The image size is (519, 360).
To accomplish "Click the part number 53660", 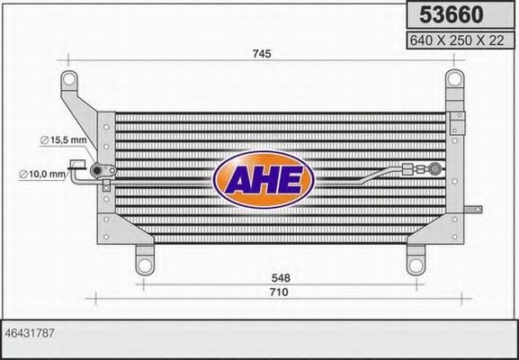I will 448,15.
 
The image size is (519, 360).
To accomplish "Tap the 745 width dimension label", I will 261,55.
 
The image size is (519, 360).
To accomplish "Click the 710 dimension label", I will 277,292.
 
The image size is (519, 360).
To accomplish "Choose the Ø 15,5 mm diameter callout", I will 62,139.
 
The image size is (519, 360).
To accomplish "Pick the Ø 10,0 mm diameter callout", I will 43,174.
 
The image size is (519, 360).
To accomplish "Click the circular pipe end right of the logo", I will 435,166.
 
